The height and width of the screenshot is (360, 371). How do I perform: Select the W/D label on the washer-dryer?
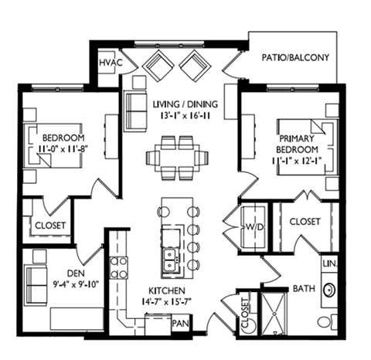tap(254, 229)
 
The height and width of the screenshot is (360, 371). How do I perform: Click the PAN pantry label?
tap(181, 324)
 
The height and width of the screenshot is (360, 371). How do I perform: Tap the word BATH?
tap(303, 289)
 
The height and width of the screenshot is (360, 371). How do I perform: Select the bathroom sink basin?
tap(328, 291)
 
